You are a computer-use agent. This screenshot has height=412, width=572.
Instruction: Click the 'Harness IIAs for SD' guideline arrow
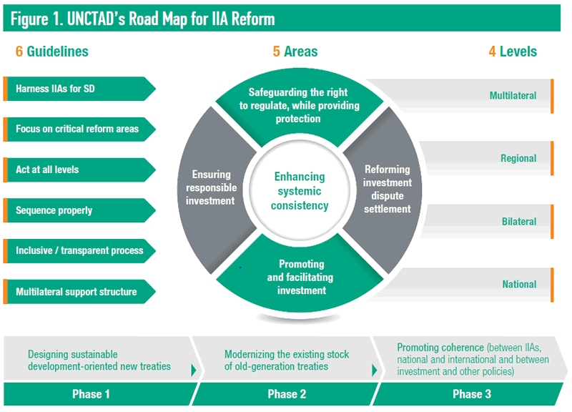pyautogui.click(x=79, y=89)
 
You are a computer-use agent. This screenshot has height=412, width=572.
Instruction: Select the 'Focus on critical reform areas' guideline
pyautogui.click(x=79, y=129)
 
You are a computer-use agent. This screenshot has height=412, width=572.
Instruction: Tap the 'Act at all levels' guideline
pyautogui.click(x=79, y=170)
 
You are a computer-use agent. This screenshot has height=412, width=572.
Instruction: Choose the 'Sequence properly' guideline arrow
pyautogui.click(x=79, y=211)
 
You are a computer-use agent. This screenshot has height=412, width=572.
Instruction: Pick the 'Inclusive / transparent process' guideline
pyautogui.click(x=79, y=251)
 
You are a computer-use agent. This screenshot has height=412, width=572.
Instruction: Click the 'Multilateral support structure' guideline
pyautogui.click(x=79, y=292)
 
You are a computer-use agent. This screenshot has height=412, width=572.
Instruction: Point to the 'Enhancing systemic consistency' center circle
pyautogui.click(x=300, y=191)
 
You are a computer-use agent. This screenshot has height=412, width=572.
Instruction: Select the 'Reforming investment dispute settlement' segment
pyautogui.click(x=388, y=190)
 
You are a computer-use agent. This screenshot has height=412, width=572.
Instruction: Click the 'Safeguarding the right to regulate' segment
pyautogui.click(x=298, y=105)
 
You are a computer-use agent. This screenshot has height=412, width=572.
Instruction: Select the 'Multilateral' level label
pyautogui.click(x=513, y=95)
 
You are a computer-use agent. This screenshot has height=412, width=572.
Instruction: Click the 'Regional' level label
pyautogui.click(x=518, y=159)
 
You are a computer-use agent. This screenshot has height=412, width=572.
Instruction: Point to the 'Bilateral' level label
pyautogui.click(x=518, y=222)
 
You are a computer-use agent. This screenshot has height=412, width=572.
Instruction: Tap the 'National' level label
pyautogui.click(x=519, y=285)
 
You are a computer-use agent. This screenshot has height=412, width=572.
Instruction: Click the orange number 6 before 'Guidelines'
pyautogui.click(x=19, y=51)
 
